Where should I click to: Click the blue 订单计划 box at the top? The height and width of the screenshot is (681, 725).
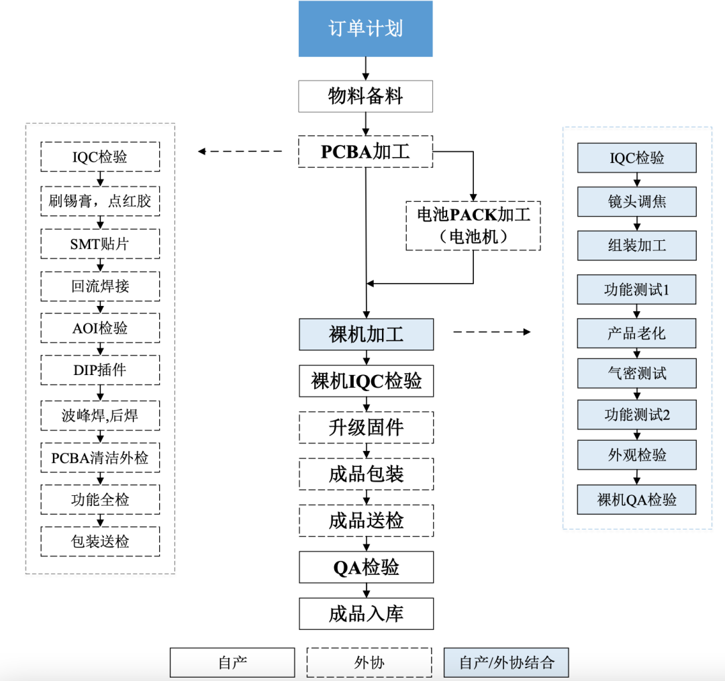365,30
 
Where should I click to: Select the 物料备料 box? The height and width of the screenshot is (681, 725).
365,97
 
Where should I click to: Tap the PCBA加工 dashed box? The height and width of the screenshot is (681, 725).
365,152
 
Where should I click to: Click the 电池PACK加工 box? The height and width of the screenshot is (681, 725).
473,225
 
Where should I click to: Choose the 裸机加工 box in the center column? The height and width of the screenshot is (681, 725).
366,334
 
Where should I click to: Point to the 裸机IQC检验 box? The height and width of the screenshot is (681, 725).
366,381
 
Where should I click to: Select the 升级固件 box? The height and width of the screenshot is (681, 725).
366,427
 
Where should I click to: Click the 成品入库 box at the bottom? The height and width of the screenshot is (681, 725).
366,614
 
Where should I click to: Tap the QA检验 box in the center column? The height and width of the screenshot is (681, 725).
366,568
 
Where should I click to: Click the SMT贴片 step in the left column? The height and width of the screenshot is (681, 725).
100,244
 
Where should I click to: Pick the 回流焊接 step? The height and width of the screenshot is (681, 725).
100,286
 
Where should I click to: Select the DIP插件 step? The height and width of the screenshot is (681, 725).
100,370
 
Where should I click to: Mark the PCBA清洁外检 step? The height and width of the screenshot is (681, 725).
100,458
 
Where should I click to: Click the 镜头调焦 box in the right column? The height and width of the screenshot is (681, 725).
636,201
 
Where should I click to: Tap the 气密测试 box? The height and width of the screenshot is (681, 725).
636,374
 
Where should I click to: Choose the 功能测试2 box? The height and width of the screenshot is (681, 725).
636,415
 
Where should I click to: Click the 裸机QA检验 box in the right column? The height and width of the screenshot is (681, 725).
636,500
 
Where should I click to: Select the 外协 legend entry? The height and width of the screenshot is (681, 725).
369,662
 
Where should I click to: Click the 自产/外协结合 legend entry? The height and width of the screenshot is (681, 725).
507,662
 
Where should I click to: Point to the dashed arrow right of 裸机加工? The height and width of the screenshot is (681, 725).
491,331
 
